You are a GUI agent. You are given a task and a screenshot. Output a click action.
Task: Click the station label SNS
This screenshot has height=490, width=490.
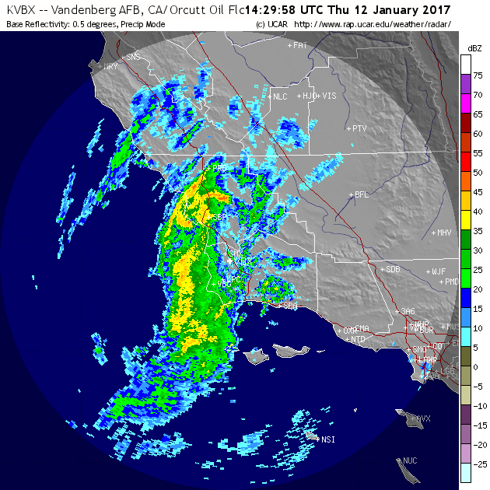tap(134, 57)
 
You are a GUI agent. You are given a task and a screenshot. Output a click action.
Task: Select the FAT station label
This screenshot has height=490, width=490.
tap(300, 46)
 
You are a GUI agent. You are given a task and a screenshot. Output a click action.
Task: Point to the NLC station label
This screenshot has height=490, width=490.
tap(280, 97)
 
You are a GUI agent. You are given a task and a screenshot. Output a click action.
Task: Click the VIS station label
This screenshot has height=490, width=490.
tap(329, 96)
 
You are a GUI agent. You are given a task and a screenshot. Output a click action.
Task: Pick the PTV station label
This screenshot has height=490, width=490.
tap(359, 128)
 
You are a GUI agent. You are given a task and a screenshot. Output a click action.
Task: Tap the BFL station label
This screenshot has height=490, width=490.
tap(361, 194)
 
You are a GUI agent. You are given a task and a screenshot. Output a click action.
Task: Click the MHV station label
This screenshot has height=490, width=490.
tap(444, 233)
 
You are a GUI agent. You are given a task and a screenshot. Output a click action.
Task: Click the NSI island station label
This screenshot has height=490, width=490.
tap(328, 440)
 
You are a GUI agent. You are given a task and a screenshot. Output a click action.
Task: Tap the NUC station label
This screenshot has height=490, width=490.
tap(409, 461)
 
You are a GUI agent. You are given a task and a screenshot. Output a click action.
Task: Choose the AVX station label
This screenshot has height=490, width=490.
tap(423, 418)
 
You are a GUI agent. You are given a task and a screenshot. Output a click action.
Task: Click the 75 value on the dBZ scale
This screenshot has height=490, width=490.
tap(478, 75)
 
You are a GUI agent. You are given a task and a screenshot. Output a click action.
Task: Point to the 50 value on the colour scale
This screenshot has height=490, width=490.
tap(478, 173)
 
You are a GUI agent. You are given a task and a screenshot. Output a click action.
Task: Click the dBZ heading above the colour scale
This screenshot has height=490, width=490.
tap(474, 48)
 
